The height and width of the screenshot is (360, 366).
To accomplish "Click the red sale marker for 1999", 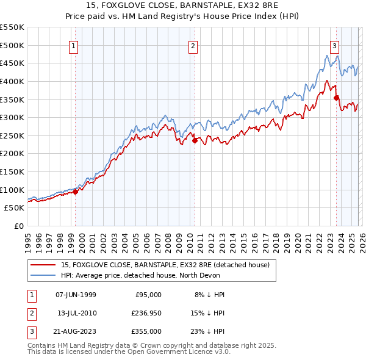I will click(x=76, y=192).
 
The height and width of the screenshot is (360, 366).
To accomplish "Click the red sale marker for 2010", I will click(x=195, y=140).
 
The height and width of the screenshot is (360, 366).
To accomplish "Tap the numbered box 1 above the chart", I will click(x=74, y=45).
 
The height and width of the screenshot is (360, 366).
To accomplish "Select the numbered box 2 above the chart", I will click(x=193, y=45).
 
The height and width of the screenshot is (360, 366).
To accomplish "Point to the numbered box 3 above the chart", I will click(x=335, y=45).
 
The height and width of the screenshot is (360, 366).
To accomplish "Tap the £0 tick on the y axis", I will click(x=20, y=226).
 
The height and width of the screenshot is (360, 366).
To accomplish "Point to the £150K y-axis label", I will click(x=12, y=172).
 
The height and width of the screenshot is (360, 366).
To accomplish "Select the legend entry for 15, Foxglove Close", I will click(x=169, y=265).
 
